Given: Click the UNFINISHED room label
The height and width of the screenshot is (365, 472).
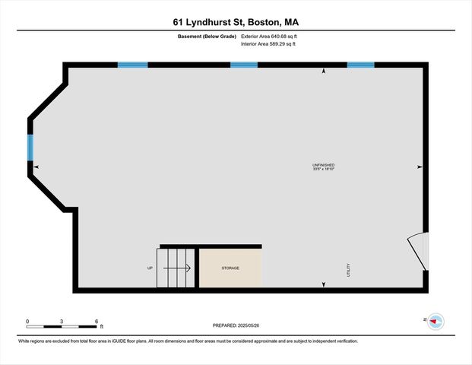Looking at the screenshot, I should tap(323, 165).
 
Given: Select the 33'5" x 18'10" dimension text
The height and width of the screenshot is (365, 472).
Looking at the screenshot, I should tap(323, 170).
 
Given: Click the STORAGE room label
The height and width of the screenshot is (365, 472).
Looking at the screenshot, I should tap(230, 268).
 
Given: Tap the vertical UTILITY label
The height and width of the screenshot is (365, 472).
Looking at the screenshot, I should tap(349, 269).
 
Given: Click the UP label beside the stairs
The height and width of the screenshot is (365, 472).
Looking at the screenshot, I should tap(150, 268).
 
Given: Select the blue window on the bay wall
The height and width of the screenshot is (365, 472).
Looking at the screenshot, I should tap(31, 148).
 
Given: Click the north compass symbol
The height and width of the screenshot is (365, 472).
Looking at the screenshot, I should tap(436, 322).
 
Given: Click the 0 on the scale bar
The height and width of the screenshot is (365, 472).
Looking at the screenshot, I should tap(27, 321).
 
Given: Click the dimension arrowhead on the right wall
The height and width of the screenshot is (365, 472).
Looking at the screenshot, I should tap(419, 167).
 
